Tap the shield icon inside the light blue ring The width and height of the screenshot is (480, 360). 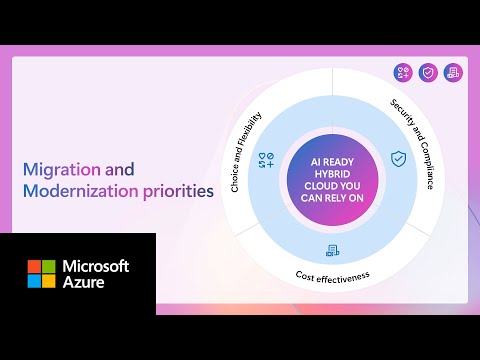click(398, 159)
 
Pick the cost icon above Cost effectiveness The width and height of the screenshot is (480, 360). click(332, 250)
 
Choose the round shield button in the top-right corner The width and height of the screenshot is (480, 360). click(428, 72)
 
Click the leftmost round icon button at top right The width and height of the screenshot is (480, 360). click(403, 72)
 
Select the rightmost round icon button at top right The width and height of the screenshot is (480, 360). click(453, 72)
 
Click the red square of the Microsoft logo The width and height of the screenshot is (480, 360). click(34, 267)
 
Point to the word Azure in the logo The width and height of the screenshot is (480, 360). click(86, 284)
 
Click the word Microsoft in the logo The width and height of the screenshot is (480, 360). click(97, 266)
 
